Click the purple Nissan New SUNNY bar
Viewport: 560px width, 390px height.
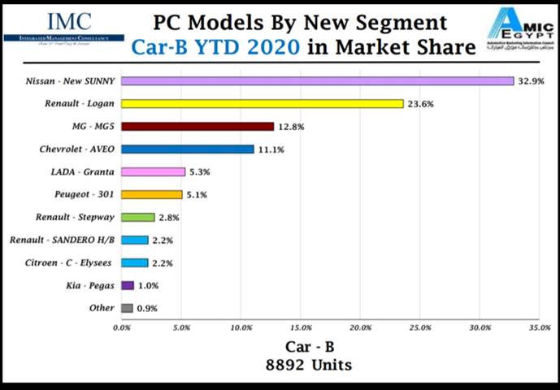(x=317, y=81)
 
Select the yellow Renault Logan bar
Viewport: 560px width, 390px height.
(x=262, y=104)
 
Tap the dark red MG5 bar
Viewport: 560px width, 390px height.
(x=198, y=127)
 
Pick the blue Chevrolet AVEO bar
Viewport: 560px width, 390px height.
(x=187, y=149)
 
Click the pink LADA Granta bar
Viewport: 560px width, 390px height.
(x=153, y=172)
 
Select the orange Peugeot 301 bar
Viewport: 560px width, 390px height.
(x=152, y=195)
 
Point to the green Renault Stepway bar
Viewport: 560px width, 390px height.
(x=137, y=218)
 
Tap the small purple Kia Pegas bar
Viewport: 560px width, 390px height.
(x=127, y=285)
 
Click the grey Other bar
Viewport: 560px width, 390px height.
(x=127, y=308)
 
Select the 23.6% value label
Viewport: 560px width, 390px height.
(x=421, y=104)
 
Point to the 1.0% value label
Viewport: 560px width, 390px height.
(x=149, y=285)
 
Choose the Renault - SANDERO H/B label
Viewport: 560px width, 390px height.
(x=62, y=240)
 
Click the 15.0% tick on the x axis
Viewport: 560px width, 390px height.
(x=300, y=327)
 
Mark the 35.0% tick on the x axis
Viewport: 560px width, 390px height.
(x=540, y=327)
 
